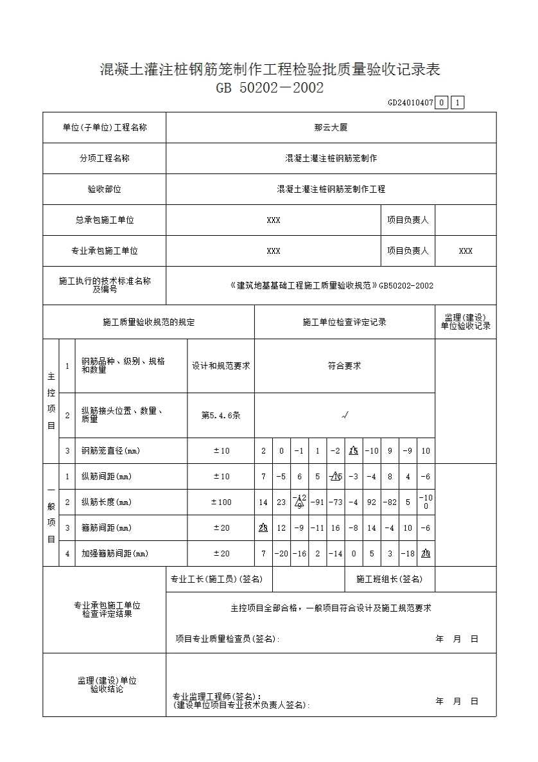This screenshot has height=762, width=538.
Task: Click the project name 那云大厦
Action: pyautogui.click(x=331, y=128)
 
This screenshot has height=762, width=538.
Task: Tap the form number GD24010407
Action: pyautogui.click(x=410, y=102)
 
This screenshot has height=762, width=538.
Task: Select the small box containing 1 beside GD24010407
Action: pyautogui.click(x=457, y=102)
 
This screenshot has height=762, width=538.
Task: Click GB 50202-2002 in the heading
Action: pyautogui.click(x=270, y=87)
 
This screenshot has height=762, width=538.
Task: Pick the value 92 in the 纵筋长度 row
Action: pyautogui.click(x=372, y=502)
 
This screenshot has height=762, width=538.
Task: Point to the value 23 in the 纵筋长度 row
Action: pyautogui.click(x=281, y=502)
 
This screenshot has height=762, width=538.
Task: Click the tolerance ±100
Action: pyautogui.click(x=221, y=502)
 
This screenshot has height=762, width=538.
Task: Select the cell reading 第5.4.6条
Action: pyautogui.click(x=221, y=416)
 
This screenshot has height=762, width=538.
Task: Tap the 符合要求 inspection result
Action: pyautogui.click(x=344, y=366)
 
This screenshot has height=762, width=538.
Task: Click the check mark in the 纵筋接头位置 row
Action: pyautogui.click(x=345, y=416)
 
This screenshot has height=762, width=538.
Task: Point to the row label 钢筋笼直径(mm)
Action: pyautogui.click(x=110, y=451)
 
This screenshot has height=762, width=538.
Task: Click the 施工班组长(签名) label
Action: pyautogui.click(x=389, y=580)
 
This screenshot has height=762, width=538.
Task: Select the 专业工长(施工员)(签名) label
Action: pyautogui.click(x=216, y=580)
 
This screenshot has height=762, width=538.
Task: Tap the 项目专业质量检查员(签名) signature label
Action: pyautogui.click(x=227, y=639)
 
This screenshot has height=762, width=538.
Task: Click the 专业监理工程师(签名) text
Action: pyautogui.click(x=217, y=696)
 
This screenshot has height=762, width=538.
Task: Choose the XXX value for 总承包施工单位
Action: pyautogui.click(x=273, y=220)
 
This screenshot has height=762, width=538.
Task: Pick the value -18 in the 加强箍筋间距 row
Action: pyautogui.click(x=408, y=554)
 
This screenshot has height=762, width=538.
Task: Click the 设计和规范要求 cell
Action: pyautogui.click(x=221, y=366)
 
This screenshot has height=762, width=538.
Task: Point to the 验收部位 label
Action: pyautogui.click(x=105, y=190)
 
